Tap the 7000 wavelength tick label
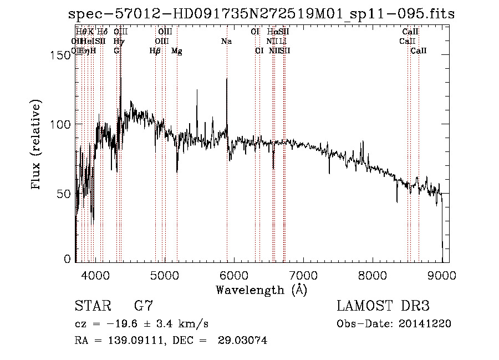tap(303, 274)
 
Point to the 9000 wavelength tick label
tap(442, 274)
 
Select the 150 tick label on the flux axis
tap(62, 54)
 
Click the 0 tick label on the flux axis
tap(68, 259)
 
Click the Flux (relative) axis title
tap(37, 146)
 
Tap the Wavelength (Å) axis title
tap(261, 290)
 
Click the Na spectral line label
tap(226, 41)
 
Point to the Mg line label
tap(177, 51)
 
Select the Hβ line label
tap(155, 51)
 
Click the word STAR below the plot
tap(93, 306)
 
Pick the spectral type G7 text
tap(142, 306)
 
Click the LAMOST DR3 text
tap(383, 306)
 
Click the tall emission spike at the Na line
tap(227, 80)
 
